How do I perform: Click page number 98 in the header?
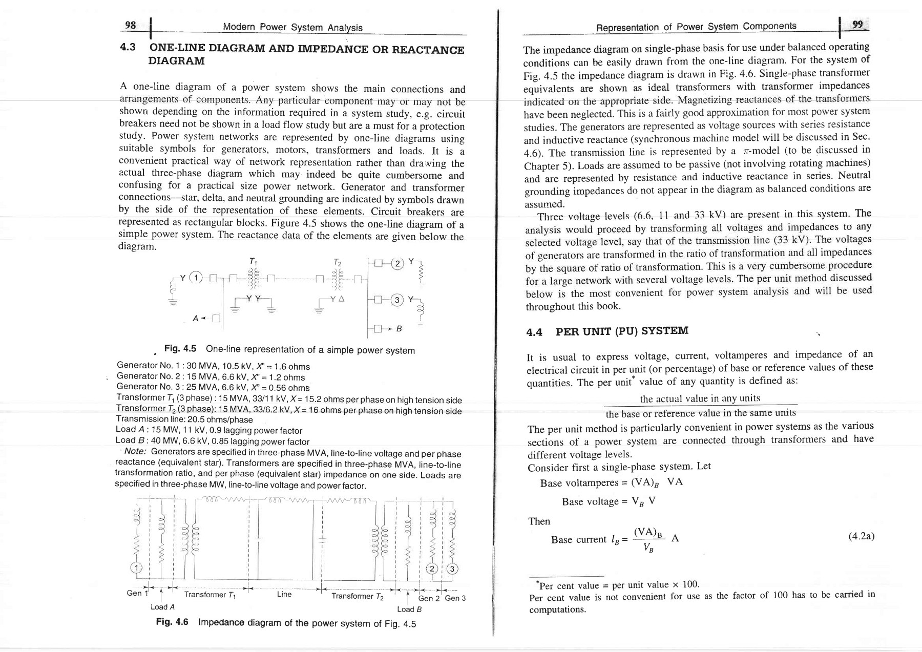131,25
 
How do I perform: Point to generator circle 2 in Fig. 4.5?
396,265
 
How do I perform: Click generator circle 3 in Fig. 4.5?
396,300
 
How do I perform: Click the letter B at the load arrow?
399,329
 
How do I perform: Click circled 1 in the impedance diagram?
136,567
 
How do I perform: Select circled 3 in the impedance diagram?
452,569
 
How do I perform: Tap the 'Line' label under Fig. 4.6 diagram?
284,594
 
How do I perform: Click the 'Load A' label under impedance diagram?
163,607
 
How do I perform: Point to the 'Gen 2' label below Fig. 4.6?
429,598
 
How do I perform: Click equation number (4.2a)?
861,536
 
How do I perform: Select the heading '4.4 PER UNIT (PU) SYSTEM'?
607,331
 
